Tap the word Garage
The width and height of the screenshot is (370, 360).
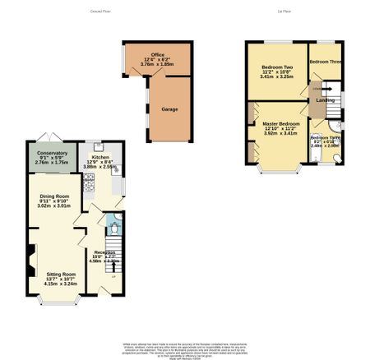pyautogui.click(x=169, y=108)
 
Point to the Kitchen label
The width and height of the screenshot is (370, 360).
pyautogui.click(x=100, y=156)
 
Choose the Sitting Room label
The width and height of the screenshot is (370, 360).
pyautogui.click(x=60, y=274)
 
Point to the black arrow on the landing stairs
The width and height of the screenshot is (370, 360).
pyautogui.click(x=318, y=86)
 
